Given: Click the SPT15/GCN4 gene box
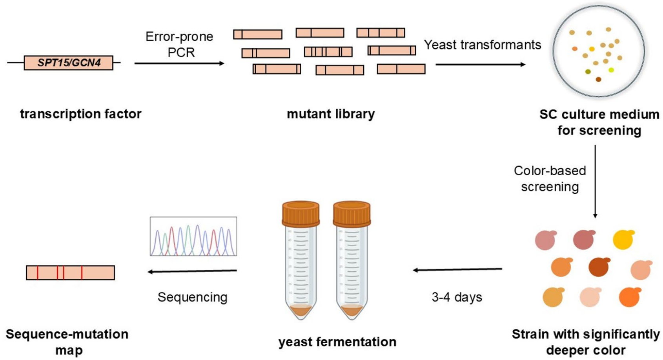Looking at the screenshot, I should tap(69, 63).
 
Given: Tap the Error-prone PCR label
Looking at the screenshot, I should tap(180, 44).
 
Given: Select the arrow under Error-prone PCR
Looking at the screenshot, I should tap(179, 63).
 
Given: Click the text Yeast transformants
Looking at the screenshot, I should tap(482, 45).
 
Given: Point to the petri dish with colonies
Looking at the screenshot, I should tap(599, 51).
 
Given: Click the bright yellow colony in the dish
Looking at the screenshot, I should tap(611, 70).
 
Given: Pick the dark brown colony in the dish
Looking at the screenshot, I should tap(598, 80).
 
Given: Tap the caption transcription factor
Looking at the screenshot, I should tap(80, 114).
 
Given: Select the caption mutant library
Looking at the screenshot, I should tap(331, 114).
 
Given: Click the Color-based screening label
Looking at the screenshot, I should tap(550, 178).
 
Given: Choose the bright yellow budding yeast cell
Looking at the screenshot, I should tap(623, 240).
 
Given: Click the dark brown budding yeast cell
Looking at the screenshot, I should tap(599, 267).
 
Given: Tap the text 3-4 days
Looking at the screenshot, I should tap(457, 297).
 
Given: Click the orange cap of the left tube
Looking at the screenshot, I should tap(301, 214).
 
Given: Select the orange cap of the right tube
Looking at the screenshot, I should tap(352, 214).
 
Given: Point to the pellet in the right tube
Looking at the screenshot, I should tap(352, 311).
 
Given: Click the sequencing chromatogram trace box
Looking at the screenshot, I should tap(193, 236).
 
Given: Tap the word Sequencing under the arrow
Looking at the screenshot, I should tap(192, 297).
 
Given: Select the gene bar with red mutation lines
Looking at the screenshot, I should tap(71, 273).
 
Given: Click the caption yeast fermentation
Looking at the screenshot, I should tap(337, 342).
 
